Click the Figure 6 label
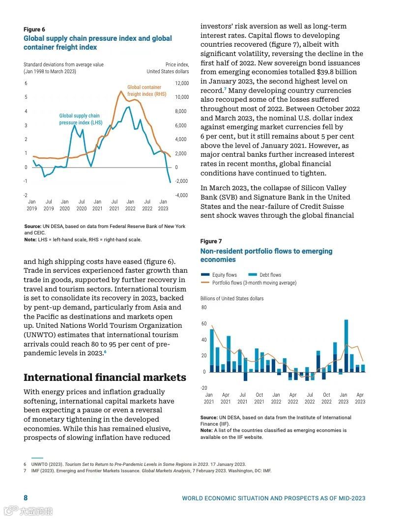pyautogui.click(x=34, y=29)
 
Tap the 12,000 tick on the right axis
pyautogui.click(x=181, y=84)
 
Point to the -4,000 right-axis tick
pyautogui.click(x=181, y=195)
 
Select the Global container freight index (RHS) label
pyautogui.click(x=146, y=91)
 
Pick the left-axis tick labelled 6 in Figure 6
pyautogui.click(x=26, y=84)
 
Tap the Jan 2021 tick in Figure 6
pyautogui.click(x=97, y=205)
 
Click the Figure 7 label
pyautogui.click(x=211, y=241)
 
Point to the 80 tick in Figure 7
pyautogui.click(x=204, y=308)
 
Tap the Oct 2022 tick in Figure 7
pyautogui.click(x=326, y=398)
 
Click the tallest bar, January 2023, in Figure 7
pyautogui.click(x=346, y=344)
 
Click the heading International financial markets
pyautogui.click(x=105, y=377)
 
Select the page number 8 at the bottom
pyautogui.click(x=26, y=498)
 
